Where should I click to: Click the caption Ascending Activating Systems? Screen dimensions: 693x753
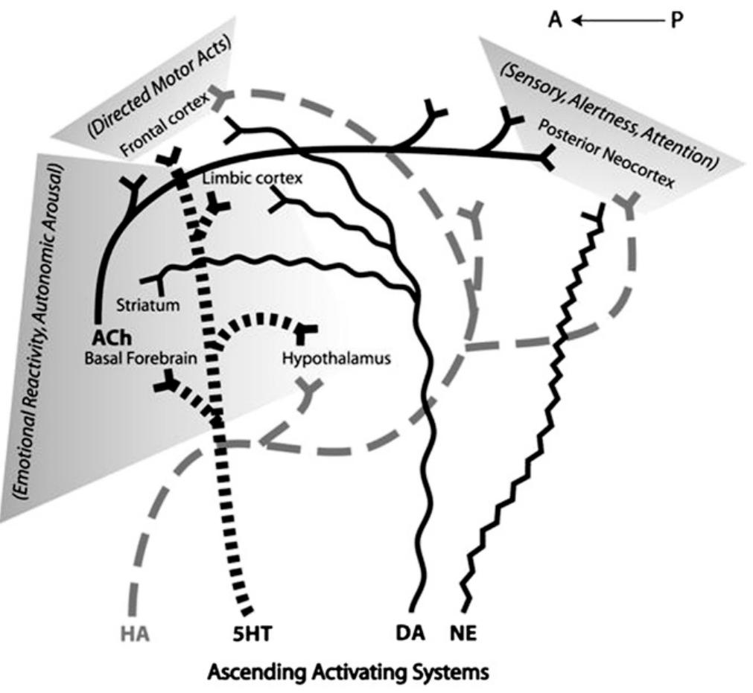pos(349,673)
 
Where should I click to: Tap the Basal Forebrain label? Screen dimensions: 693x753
pos(141,358)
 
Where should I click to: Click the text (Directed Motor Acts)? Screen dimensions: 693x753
pos(159,86)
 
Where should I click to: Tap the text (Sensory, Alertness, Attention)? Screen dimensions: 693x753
pos(609,112)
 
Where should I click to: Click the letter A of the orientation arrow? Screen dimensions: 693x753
pos(556,19)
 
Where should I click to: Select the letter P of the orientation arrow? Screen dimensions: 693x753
pos(676,19)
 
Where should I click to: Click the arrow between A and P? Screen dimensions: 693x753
pos(617,20)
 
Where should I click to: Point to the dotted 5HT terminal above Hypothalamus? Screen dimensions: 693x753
pos(307,330)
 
